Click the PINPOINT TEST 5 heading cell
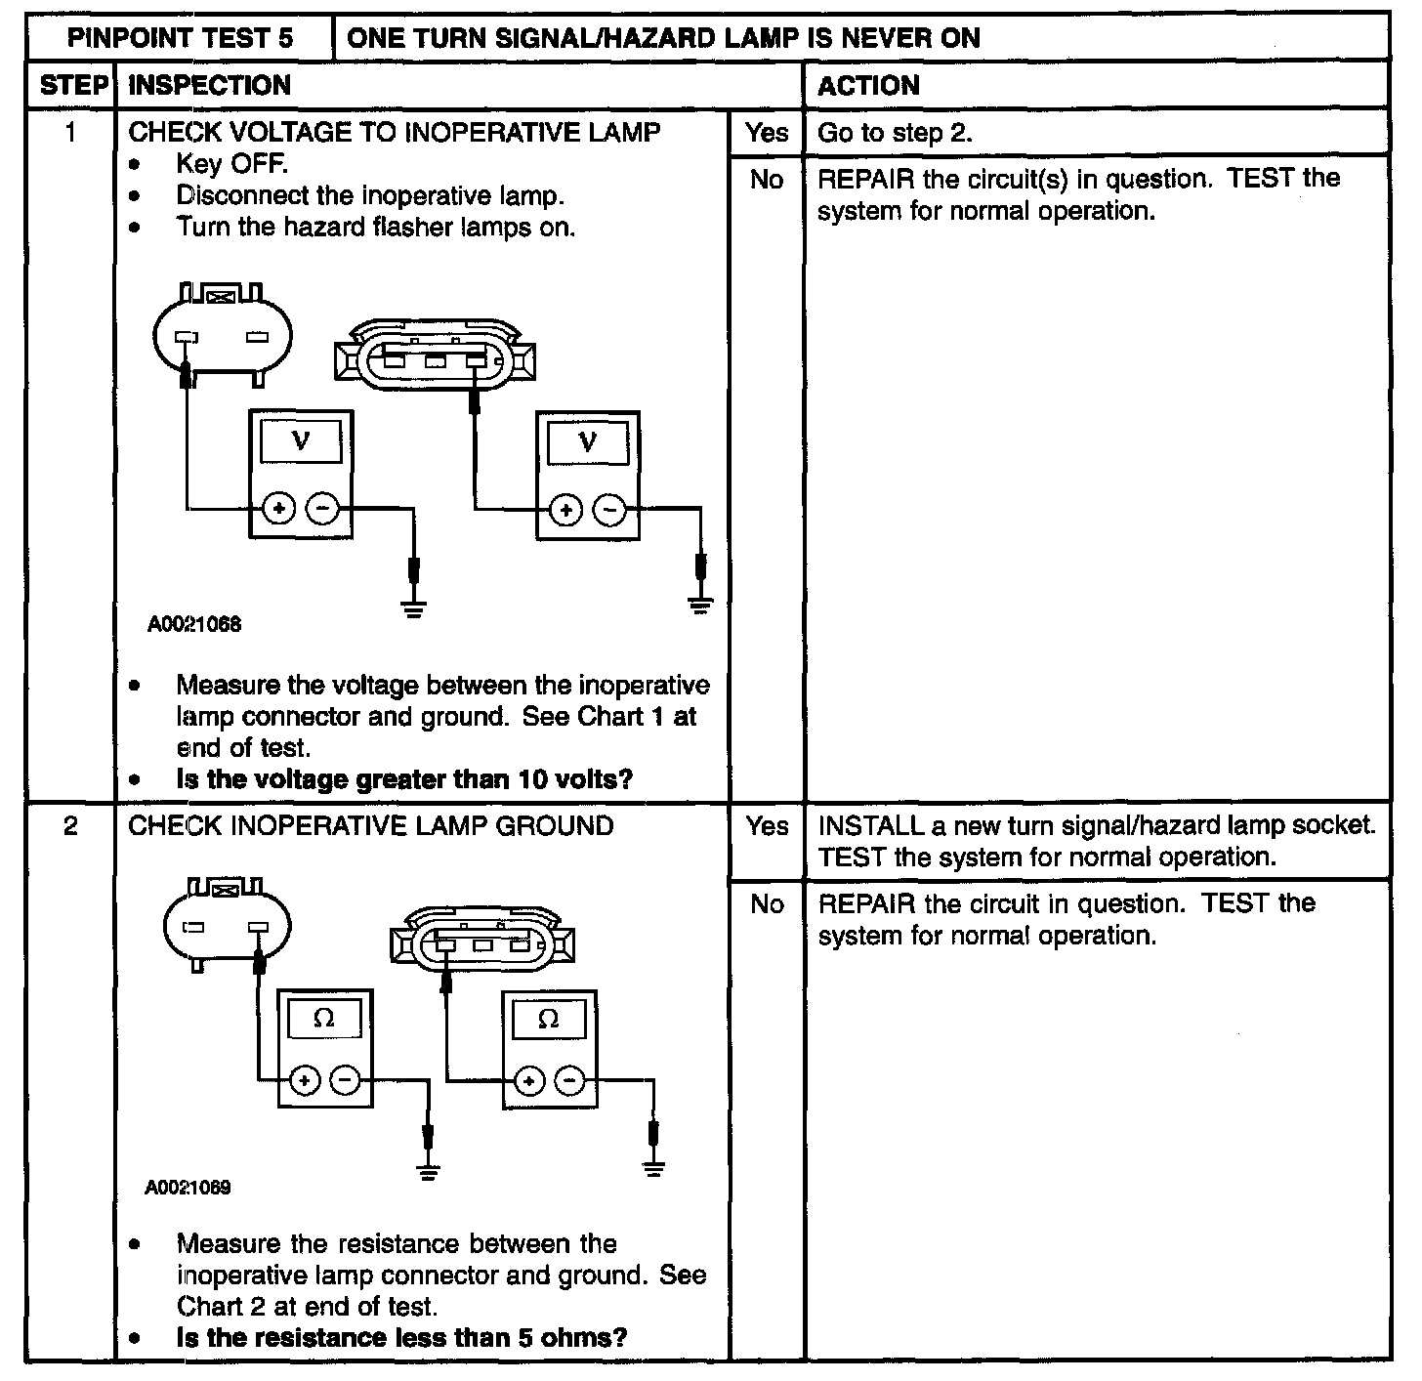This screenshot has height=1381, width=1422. (180, 38)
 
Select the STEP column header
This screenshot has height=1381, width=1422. (72, 86)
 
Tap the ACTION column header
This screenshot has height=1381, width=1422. (868, 86)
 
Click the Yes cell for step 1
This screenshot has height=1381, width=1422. (766, 132)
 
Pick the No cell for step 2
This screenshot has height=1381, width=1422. (767, 904)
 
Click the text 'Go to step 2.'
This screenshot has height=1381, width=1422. (895, 133)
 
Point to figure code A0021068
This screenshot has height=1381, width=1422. (194, 624)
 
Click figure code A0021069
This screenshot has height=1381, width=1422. (188, 1188)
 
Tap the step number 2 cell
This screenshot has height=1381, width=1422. (70, 826)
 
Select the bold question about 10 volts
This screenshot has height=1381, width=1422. (404, 779)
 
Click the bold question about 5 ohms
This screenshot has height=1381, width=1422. (401, 1337)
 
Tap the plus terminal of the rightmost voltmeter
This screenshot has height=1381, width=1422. (565, 509)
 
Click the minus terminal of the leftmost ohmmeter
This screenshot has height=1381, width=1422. (345, 1080)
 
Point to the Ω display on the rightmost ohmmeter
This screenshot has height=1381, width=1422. (549, 1020)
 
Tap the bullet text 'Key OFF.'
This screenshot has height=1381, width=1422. (231, 163)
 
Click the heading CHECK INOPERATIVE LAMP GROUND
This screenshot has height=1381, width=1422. (371, 826)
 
